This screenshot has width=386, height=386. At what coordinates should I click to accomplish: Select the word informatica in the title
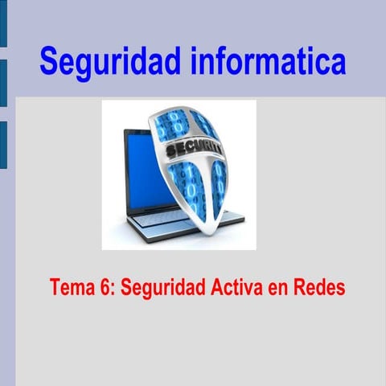click(269, 60)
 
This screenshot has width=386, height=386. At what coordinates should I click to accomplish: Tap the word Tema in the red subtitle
click(71, 287)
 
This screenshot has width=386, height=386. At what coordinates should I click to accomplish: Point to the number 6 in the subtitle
click(107, 287)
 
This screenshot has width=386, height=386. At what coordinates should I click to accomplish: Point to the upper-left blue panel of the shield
click(170, 127)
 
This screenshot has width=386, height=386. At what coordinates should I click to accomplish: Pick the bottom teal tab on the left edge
click(3, 145)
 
